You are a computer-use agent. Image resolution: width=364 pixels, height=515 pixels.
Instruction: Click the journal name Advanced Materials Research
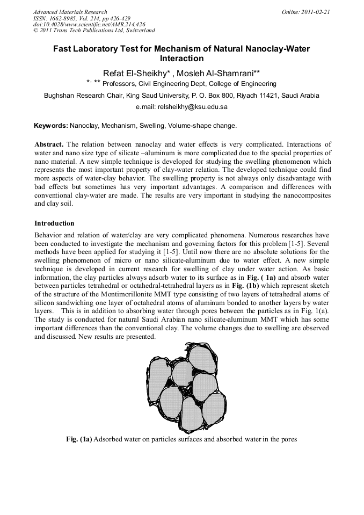click(70, 12)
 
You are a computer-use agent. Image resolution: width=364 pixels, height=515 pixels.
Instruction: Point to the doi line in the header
click(89, 24)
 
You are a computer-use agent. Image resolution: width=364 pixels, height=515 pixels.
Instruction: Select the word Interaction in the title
click(181, 59)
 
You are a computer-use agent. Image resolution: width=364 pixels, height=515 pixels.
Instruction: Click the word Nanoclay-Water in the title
click(276, 48)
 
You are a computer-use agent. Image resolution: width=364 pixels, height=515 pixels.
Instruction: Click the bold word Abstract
click(49, 144)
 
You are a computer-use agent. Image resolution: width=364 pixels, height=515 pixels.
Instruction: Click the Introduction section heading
click(54, 223)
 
